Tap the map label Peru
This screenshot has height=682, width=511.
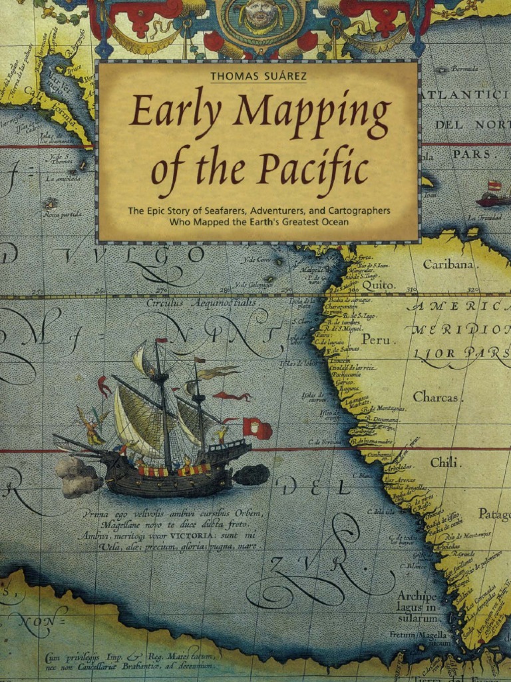pyautogui.click(x=376, y=340)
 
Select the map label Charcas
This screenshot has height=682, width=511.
pyautogui.click(x=436, y=397)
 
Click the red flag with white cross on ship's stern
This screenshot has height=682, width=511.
pyautogui.click(x=256, y=428)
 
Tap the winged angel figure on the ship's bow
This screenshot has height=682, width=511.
pyautogui.click(x=92, y=426)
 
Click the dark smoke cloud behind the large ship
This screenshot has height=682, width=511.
pyautogui.click(x=252, y=474)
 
